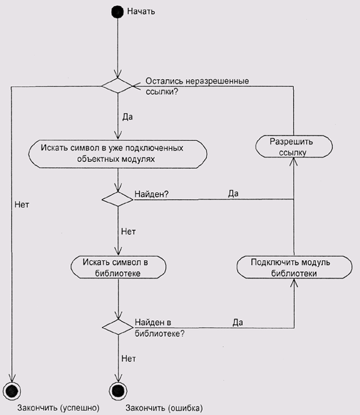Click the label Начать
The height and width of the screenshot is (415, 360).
[x=142, y=11]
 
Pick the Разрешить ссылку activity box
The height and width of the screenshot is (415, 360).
[x=293, y=146]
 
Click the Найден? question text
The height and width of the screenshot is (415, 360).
[x=152, y=195]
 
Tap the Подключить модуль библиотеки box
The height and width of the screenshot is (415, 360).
[x=293, y=267]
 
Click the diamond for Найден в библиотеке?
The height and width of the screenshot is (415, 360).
[x=117, y=327]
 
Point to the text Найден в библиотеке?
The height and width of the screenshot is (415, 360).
[x=159, y=327]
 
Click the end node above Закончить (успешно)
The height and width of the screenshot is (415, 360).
[x=12, y=389]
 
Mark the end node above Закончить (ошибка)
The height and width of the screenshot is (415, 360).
[x=117, y=389]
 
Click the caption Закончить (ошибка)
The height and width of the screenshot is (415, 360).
[x=164, y=408]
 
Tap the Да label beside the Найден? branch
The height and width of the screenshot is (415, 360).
[x=234, y=194]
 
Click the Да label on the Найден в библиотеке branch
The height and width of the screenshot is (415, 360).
[x=238, y=323]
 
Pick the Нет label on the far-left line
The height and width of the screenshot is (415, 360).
[x=21, y=205]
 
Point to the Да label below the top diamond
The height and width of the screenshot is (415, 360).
[x=127, y=118]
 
